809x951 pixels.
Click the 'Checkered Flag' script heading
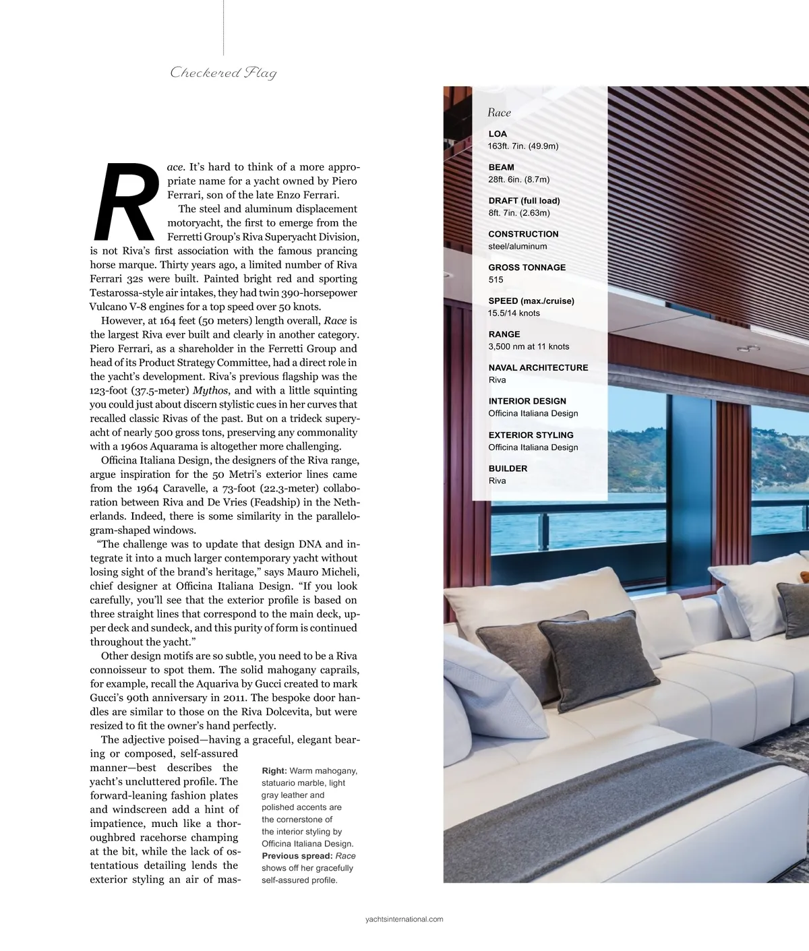pos(223,73)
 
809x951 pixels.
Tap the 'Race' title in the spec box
pos(499,113)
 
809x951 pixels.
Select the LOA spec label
pos(498,134)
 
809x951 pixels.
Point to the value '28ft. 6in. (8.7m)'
pos(518,179)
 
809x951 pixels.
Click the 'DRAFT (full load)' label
pos(524,201)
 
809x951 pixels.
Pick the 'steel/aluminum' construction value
pos(517,246)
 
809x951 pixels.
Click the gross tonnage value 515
pos(496,280)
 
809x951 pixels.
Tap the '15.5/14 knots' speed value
pos(514,313)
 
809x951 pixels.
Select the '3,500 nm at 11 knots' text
pos(529,346)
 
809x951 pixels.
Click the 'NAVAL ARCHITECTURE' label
pos(538,367)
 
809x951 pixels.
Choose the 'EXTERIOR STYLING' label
pos(531,435)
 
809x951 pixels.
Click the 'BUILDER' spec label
pos(508,468)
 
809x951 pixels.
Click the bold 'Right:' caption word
pos(274,770)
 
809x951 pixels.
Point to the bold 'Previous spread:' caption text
pos(297,856)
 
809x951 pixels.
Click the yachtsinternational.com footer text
pos(404,919)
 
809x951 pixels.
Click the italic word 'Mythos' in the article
pos(210,390)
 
